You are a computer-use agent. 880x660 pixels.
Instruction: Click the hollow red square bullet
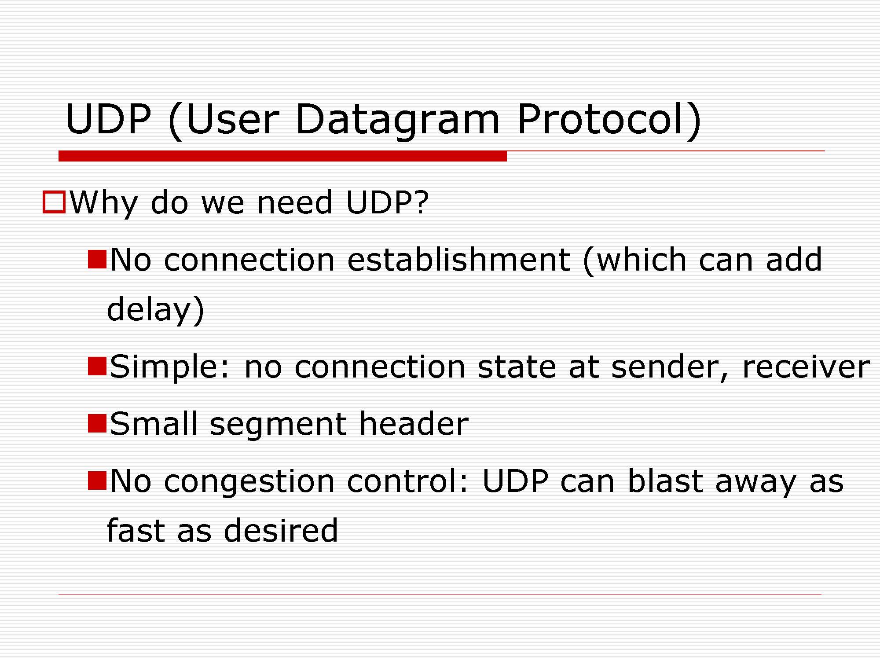[x=54, y=202]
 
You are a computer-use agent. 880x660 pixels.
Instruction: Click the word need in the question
[x=294, y=202]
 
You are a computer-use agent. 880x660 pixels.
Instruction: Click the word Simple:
[x=170, y=367]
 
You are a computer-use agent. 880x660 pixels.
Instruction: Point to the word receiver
[x=806, y=367]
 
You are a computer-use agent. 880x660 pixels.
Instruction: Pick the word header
[x=414, y=423]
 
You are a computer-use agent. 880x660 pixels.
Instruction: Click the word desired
[x=281, y=530]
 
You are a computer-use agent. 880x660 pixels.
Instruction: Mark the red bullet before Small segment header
[x=97, y=423]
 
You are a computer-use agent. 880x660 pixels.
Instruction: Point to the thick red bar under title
[x=282, y=156]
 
